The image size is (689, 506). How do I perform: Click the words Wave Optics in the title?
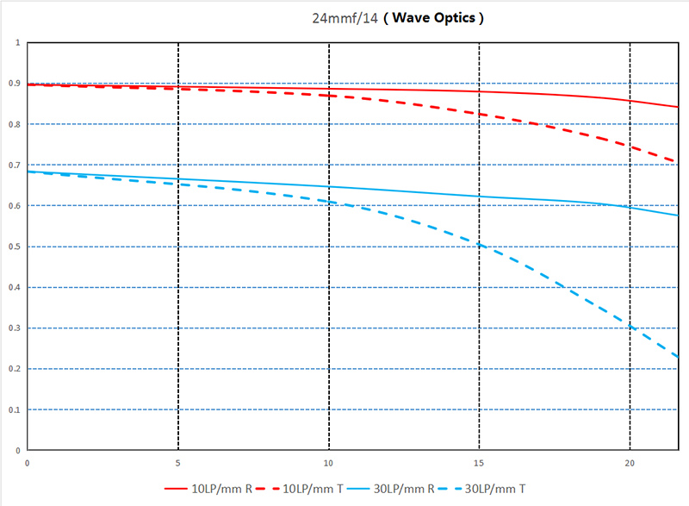(433, 17)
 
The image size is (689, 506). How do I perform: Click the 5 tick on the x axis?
(178, 463)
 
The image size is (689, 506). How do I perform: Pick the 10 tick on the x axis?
(329, 463)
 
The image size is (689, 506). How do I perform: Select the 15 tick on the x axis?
(479, 463)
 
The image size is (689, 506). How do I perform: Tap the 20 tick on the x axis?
(630, 463)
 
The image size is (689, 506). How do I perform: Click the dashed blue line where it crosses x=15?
(479, 246)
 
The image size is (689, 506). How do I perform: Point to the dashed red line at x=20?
(630, 146)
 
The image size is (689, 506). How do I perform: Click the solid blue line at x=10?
(329, 186)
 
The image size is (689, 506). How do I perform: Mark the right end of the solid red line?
(678, 107)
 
